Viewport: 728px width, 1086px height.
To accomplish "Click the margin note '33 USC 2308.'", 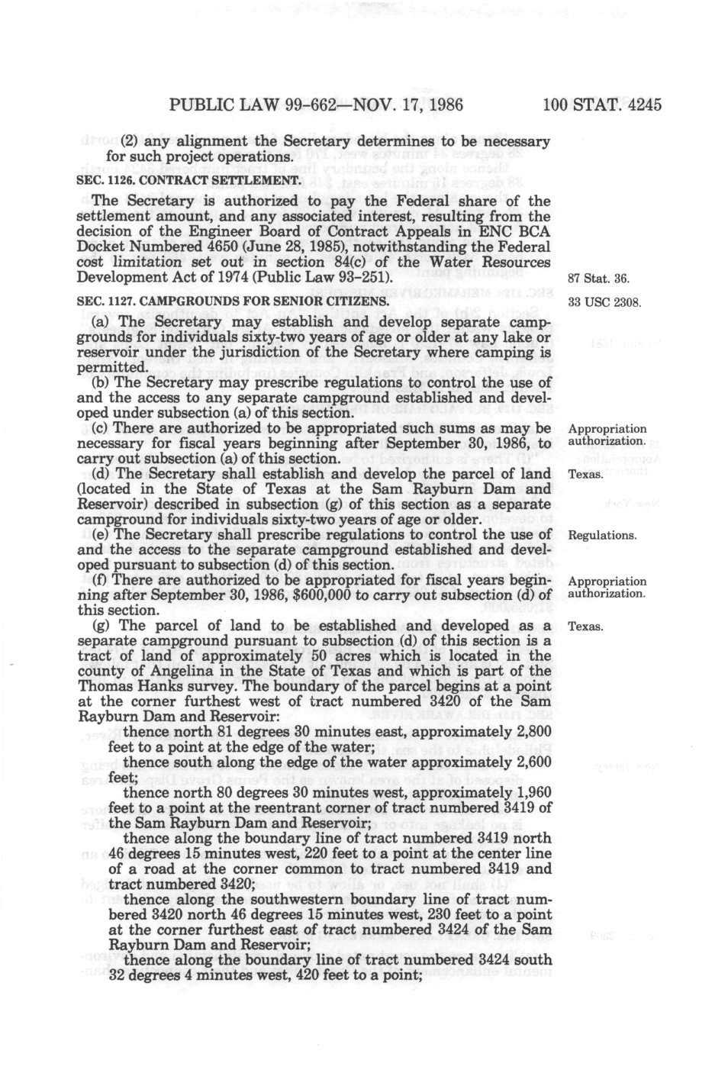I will (x=604, y=304).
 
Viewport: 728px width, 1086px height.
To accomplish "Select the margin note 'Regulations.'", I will (x=602, y=535).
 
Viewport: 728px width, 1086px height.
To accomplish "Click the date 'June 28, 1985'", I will (x=277, y=247).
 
